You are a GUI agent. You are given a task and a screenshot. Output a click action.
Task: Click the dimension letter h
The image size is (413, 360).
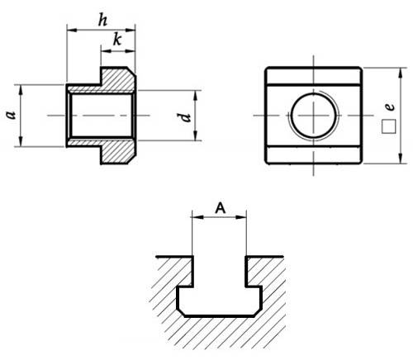coord(102,20)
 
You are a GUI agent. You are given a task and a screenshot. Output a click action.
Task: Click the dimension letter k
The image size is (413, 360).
coord(117,40)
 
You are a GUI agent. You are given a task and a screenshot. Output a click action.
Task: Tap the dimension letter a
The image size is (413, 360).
coord(11,115)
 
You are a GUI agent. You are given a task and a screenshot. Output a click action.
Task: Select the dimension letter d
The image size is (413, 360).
coord(186,116)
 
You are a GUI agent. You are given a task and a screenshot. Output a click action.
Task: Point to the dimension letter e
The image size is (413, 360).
coord(390,107)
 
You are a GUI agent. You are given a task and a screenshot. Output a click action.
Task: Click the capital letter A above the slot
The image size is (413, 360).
coord(221,208)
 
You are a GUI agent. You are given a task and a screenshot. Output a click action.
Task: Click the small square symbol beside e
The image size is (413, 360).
coord(389,126)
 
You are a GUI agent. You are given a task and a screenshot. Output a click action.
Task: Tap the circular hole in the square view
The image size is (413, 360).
coord(314,116)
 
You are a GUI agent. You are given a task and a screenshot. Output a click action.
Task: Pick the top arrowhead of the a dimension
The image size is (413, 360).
coord(21,89)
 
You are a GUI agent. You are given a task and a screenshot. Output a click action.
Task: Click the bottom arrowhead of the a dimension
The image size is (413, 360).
coord(21,142)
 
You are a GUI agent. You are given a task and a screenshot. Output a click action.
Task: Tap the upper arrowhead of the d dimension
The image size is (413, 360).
coord(195,95)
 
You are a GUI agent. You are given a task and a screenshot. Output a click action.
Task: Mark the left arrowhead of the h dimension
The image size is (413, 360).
coord(72,30)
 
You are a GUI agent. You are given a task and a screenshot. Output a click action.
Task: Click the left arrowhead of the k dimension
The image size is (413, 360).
coord(106,50)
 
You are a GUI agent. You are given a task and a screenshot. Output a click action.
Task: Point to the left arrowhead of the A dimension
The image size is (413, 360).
coord(197,217)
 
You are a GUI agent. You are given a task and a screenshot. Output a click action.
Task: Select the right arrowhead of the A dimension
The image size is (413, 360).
coord(241,217)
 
